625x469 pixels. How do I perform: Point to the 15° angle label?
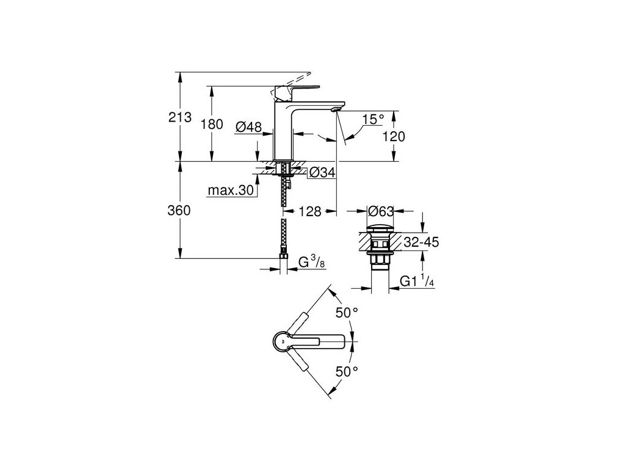point(374,119)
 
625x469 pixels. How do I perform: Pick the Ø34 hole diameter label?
point(322,173)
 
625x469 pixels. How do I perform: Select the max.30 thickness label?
point(230,191)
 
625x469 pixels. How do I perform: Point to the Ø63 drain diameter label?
point(381,212)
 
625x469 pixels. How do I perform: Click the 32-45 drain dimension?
point(421,242)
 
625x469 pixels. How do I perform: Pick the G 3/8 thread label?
point(311,264)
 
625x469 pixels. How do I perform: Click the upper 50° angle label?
point(346,313)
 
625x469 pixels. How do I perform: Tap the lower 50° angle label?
point(346,371)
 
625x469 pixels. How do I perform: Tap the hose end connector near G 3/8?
point(284,261)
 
